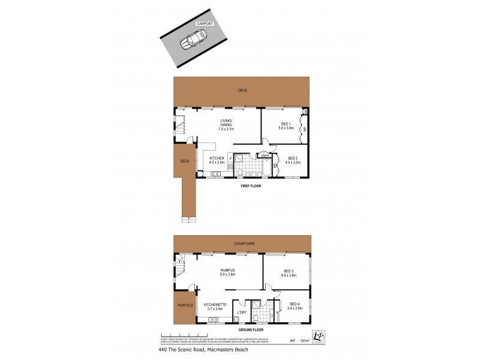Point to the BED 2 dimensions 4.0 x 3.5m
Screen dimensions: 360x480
click(292, 163)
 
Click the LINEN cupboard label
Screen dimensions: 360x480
click(264, 155)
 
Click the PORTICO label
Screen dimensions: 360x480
click(184, 306)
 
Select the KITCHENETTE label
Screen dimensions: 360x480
click(215, 305)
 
